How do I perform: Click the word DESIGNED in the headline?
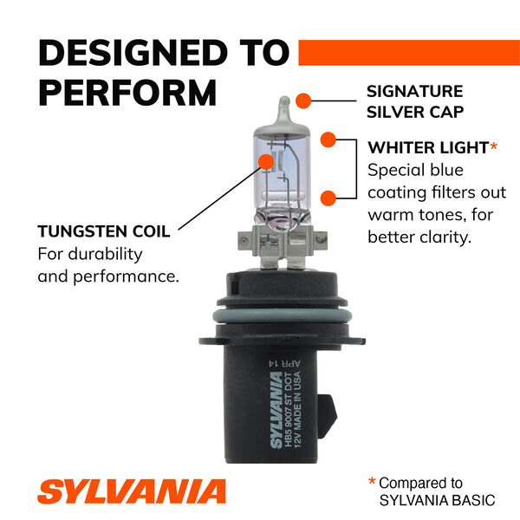pyautogui.click(x=133, y=53)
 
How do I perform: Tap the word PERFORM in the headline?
pyautogui.click(x=127, y=93)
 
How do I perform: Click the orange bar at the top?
pyautogui.click(x=409, y=53)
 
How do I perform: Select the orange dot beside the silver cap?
pyautogui.click(x=303, y=101)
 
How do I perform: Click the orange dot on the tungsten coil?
pyautogui.click(x=266, y=161)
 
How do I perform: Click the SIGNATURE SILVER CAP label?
pyautogui.click(x=415, y=101)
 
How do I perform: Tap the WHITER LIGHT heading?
pyautogui.click(x=428, y=147)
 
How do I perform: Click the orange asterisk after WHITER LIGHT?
pyautogui.click(x=494, y=146)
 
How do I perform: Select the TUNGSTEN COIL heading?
pyautogui.click(x=104, y=231)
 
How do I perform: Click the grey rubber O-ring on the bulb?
pyautogui.click(x=282, y=315)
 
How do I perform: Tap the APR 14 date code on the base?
pyautogui.click(x=284, y=363)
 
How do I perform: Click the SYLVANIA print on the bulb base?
pyautogui.click(x=276, y=410)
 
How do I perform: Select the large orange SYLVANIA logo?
pyautogui.click(x=132, y=491)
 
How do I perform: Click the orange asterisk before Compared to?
pyautogui.click(x=372, y=481)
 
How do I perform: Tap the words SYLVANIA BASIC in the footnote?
pyautogui.click(x=437, y=500)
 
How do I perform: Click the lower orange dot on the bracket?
pyautogui.click(x=328, y=198)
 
